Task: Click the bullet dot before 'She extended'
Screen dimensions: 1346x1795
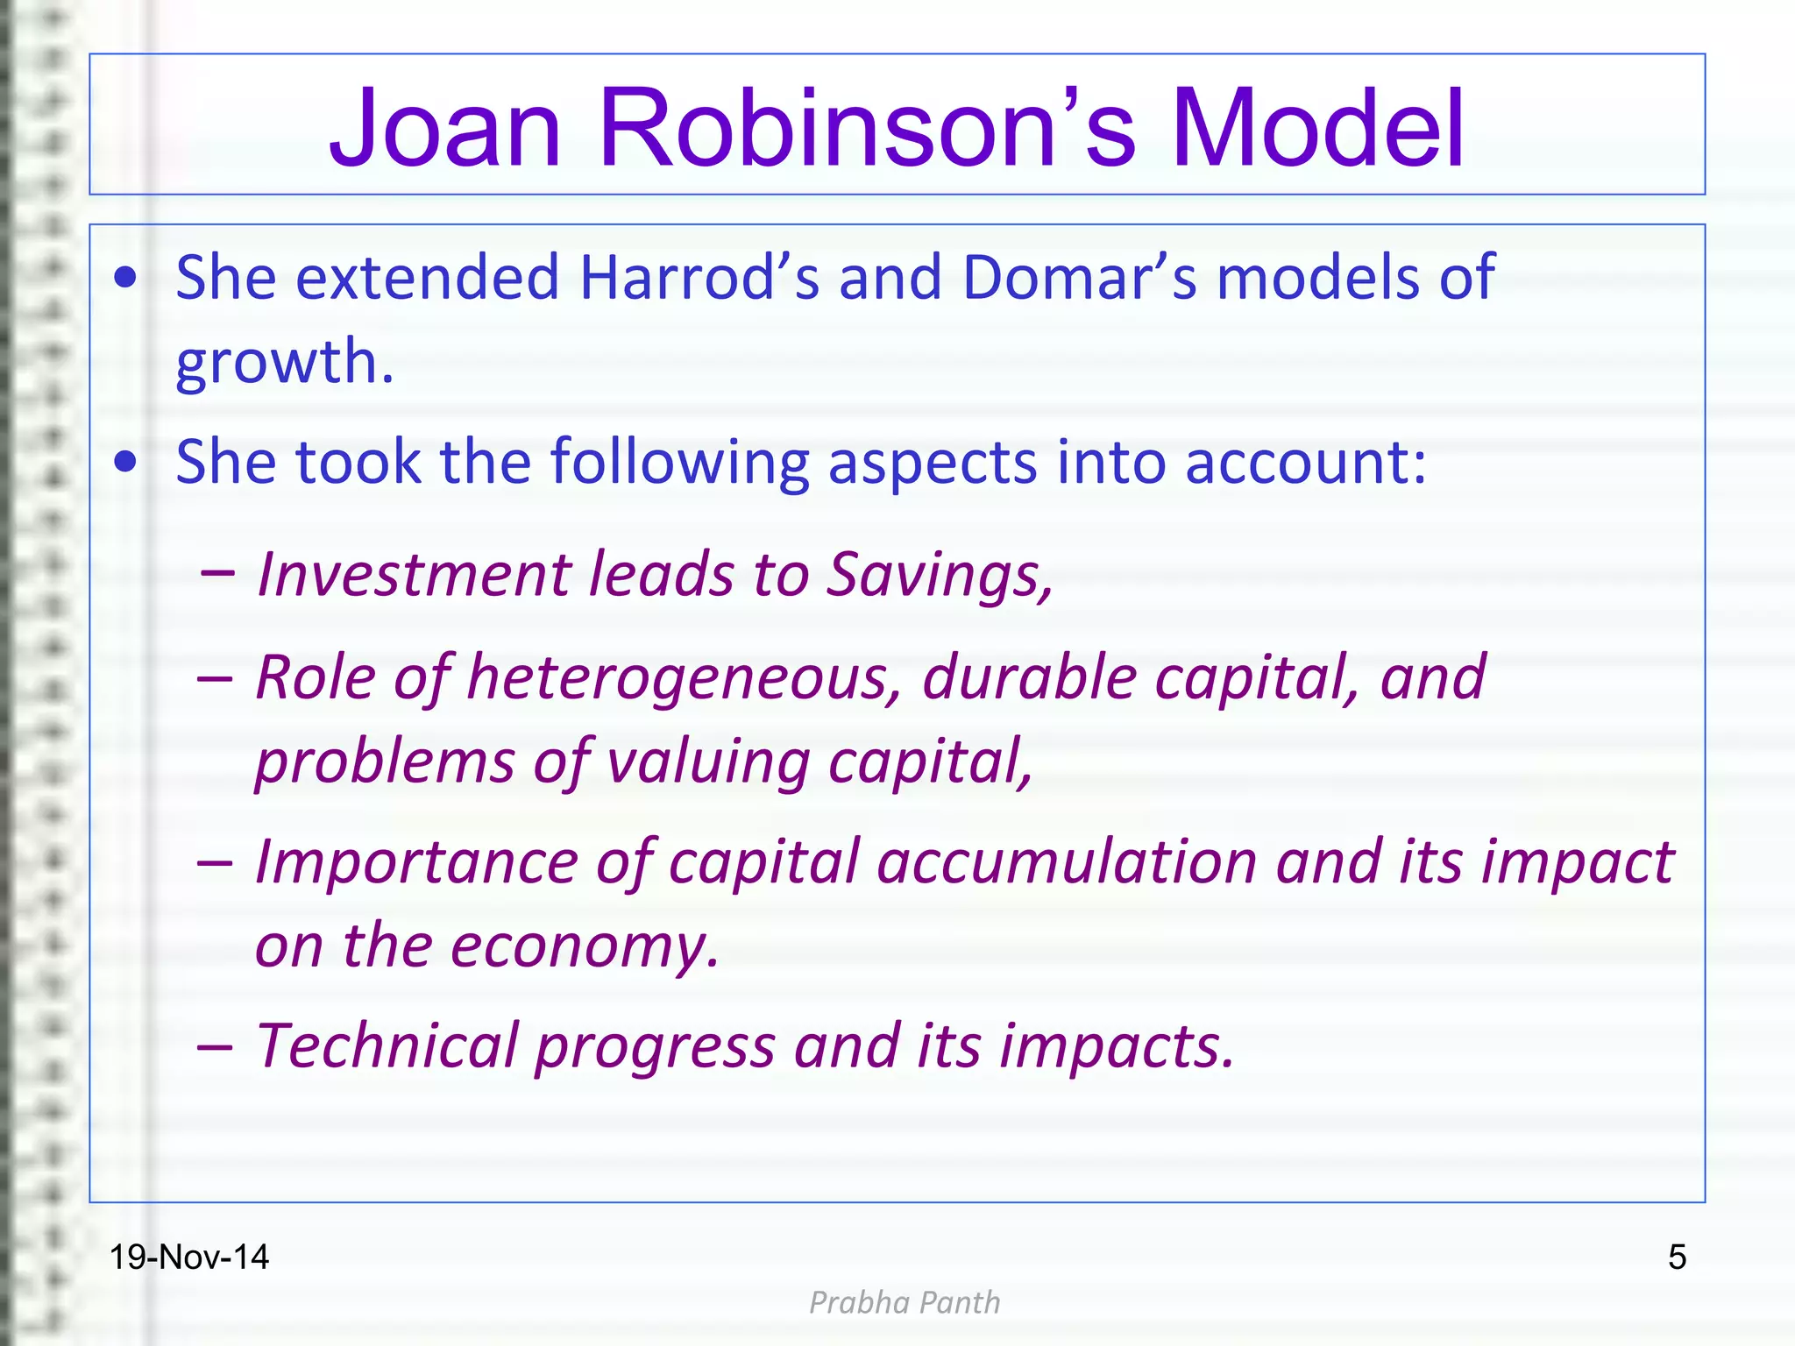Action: [126, 278]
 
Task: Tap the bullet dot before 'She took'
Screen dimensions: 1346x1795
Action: [126, 462]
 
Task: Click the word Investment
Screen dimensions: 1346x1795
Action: [413, 575]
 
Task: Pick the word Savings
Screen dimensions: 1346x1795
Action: [940, 575]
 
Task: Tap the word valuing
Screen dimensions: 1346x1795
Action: [708, 761]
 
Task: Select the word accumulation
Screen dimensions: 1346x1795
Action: [1068, 862]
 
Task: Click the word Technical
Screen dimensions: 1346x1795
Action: [387, 1046]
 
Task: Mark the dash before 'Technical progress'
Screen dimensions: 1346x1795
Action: [216, 1046]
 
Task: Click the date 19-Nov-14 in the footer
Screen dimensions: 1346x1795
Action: [188, 1257]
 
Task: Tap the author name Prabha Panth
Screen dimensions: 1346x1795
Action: [904, 1303]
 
